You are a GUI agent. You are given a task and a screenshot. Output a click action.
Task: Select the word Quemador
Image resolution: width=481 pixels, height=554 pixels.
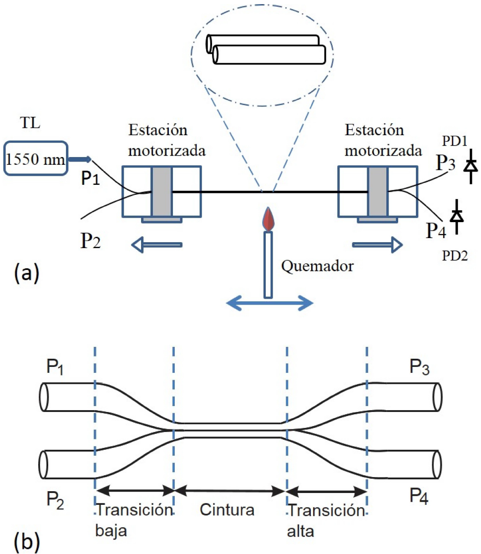pos(317,265)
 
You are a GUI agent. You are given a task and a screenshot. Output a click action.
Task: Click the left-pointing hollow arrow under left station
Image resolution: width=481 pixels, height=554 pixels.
pos(157,245)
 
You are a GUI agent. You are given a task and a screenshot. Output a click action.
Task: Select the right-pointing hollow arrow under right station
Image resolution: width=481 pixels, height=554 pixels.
pos(378,245)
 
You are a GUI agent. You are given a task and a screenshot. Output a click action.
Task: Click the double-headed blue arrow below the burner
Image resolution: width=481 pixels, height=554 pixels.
pos(270,302)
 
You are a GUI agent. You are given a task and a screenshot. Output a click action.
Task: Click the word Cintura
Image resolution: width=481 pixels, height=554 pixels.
pos(227,510)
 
